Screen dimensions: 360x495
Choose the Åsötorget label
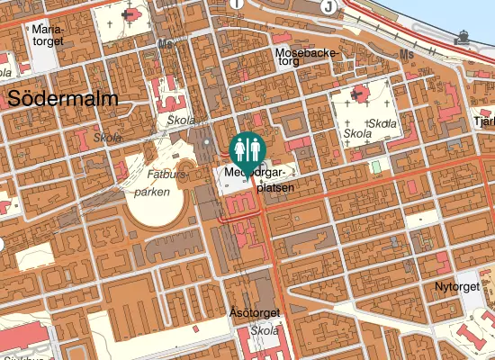[256, 313]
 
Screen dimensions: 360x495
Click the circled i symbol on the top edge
[238, 4]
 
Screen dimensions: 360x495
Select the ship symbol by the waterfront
[463, 36]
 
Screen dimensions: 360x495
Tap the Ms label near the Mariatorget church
[165, 43]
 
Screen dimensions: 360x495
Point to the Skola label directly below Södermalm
[107, 138]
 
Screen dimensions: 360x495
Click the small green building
[375, 167]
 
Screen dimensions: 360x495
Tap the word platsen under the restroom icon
[275, 189]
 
